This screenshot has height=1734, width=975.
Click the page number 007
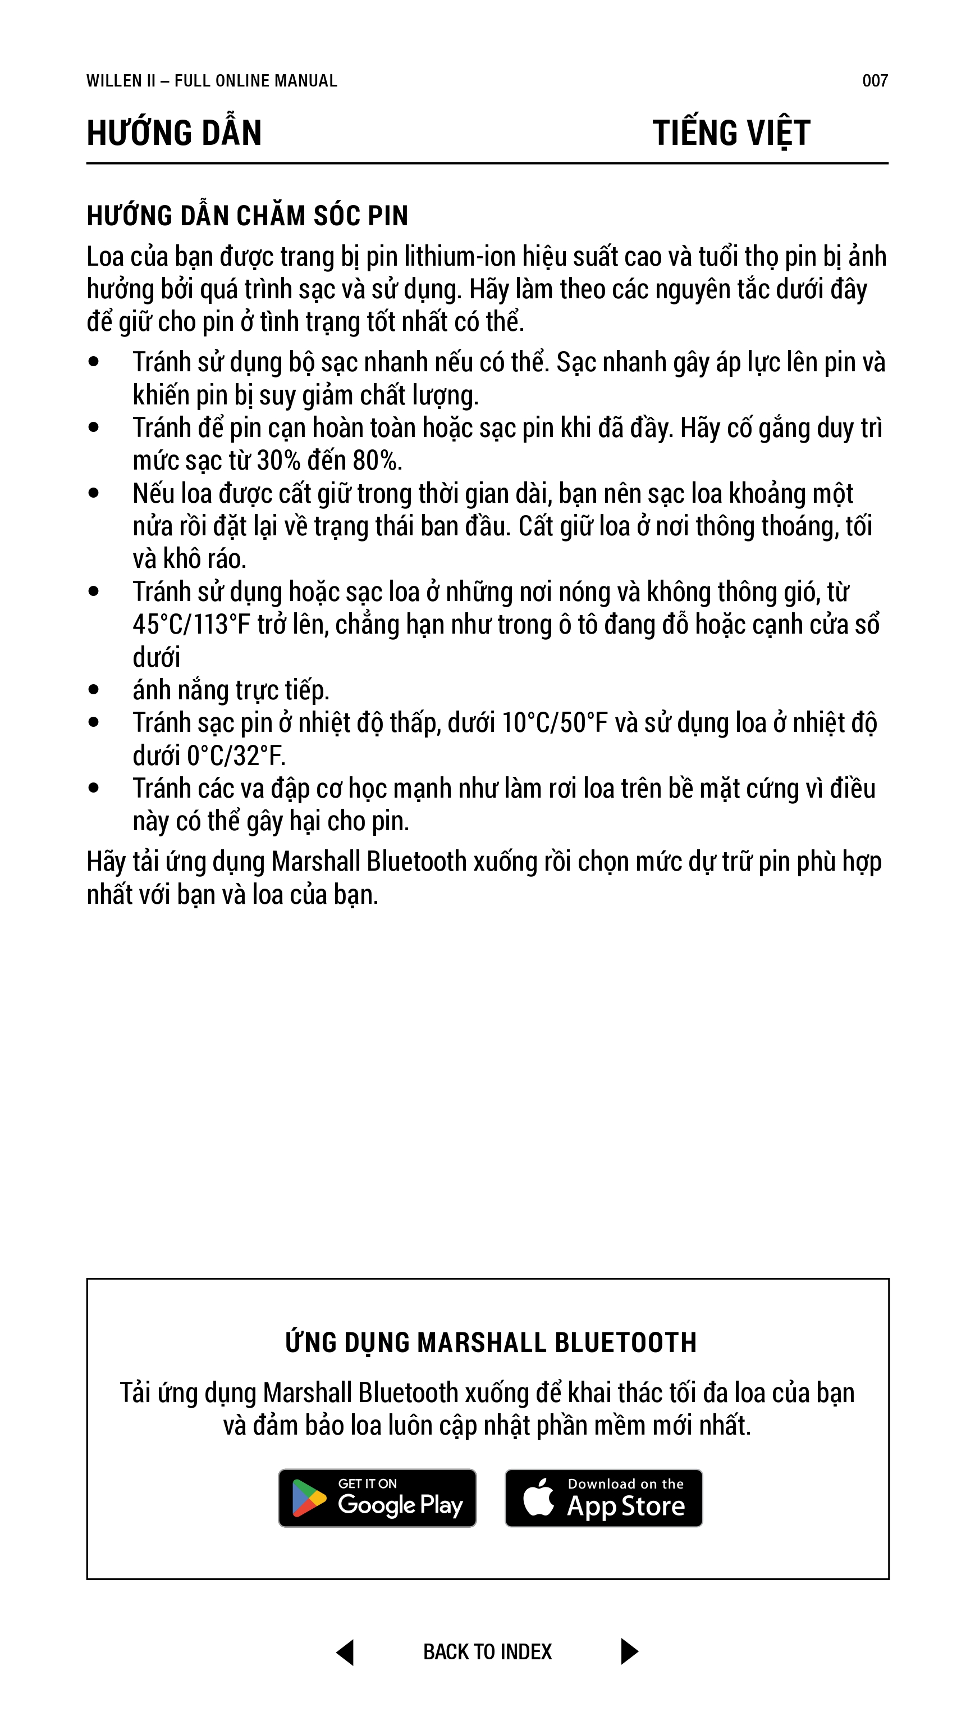coord(875,81)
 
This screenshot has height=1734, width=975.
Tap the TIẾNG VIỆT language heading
coord(731,133)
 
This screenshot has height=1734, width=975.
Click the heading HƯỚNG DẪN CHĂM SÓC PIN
coord(248,216)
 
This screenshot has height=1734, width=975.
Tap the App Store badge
coord(603,1499)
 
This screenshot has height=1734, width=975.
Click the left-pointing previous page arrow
coord(345,1652)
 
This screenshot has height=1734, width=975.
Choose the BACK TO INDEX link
coord(487,1652)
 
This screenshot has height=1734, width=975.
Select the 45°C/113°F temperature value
coord(191,625)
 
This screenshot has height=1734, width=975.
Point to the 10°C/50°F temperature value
coord(555,723)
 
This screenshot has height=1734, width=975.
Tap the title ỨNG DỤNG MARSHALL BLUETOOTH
coord(491,1342)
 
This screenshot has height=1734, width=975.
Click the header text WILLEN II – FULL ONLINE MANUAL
coord(211,81)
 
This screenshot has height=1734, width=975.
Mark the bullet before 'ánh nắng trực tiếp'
coord(94,690)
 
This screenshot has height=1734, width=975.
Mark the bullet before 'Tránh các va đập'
coord(94,788)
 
